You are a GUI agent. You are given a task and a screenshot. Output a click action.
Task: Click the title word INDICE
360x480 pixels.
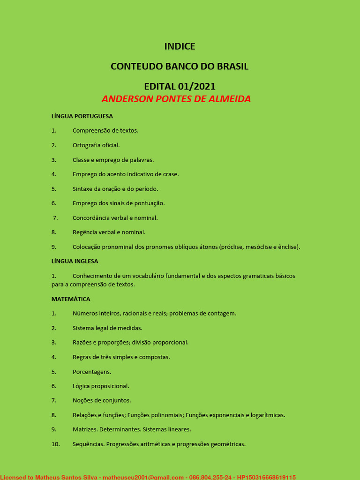[x=180, y=46]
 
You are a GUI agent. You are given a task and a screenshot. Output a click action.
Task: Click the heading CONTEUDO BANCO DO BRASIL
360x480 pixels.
[x=180, y=67]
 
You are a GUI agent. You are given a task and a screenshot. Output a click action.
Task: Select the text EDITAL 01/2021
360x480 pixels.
[x=180, y=87]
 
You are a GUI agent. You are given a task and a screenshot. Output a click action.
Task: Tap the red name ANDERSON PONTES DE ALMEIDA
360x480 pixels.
[x=176, y=99]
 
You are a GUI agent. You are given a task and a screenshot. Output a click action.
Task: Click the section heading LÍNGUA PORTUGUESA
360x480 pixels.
[x=82, y=116]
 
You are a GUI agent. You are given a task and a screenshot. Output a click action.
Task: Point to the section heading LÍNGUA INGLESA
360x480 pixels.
[x=75, y=261]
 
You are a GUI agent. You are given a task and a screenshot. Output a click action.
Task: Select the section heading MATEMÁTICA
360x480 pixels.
[x=71, y=299]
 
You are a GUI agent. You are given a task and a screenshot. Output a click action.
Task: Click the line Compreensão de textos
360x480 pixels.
[x=105, y=131]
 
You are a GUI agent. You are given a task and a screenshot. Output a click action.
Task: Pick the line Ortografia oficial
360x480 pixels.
[x=96, y=145]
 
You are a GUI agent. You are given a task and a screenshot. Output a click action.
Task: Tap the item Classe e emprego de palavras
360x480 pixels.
[x=113, y=160]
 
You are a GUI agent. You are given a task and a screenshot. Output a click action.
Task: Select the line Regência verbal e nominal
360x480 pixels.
[x=109, y=232]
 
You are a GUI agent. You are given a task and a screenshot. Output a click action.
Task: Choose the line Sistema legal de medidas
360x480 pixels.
[x=107, y=328]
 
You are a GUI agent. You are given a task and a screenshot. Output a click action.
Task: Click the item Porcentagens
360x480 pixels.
[x=92, y=372]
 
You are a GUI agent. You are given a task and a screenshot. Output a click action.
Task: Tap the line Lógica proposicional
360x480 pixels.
[x=101, y=386]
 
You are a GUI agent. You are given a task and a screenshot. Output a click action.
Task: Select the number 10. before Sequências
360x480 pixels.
[x=56, y=444]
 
